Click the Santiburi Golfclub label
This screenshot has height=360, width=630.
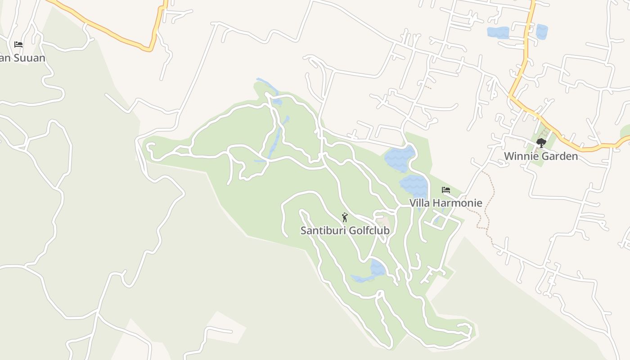(x=345, y=230)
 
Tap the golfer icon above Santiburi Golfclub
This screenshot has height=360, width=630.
(x=345, y=217)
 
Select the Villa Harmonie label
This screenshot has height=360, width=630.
(x=445, y=203)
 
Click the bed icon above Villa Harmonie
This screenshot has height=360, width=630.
(x=446, y=190)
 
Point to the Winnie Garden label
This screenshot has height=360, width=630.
(x=540, y=156)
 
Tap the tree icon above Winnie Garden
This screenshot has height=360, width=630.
(x=541, y=143)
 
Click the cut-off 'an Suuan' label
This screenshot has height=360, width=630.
(x=22, y=58)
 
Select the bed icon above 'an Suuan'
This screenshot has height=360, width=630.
(x=18, y=44)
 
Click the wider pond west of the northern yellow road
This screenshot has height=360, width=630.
(x=498, y=32)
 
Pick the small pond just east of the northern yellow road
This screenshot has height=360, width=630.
(x=541, y=31)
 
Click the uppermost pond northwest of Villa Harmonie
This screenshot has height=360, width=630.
(x=400, y=158)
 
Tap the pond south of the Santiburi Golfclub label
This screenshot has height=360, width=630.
(x=378, y=268)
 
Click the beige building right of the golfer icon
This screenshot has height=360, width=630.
(x=383, y=221)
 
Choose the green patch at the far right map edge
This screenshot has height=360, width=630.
(x=625, y=131)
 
